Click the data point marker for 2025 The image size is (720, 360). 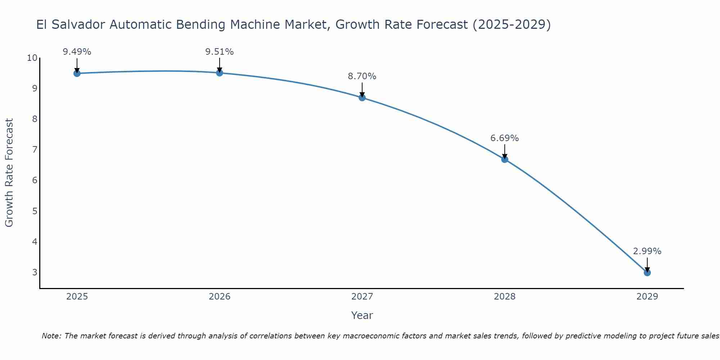coord(77,73)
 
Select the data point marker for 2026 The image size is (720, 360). coord(220,73)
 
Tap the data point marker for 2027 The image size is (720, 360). coord(362,98)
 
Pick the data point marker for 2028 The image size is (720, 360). coord(505,159)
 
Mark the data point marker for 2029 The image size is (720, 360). coord(647,273)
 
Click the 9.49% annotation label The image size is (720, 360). coord(77,52)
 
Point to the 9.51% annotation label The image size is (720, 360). coord(220,52)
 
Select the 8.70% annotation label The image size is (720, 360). coord(362,76)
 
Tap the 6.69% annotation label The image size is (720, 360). coord(505,138)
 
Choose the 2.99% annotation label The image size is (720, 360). coord(647,251)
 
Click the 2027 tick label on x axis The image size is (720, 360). coord(362,297)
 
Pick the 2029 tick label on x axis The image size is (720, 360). coord(647,297)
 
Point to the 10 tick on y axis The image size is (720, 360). coord(32,58)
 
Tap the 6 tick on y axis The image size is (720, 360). coord(35,180)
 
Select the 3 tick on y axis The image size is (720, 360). coord(35,272)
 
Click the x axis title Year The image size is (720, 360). coord(362,315)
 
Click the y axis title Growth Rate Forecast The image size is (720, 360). coord(9,173)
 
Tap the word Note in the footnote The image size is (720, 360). coord(51,336)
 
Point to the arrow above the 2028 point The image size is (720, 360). coord(505,151)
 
